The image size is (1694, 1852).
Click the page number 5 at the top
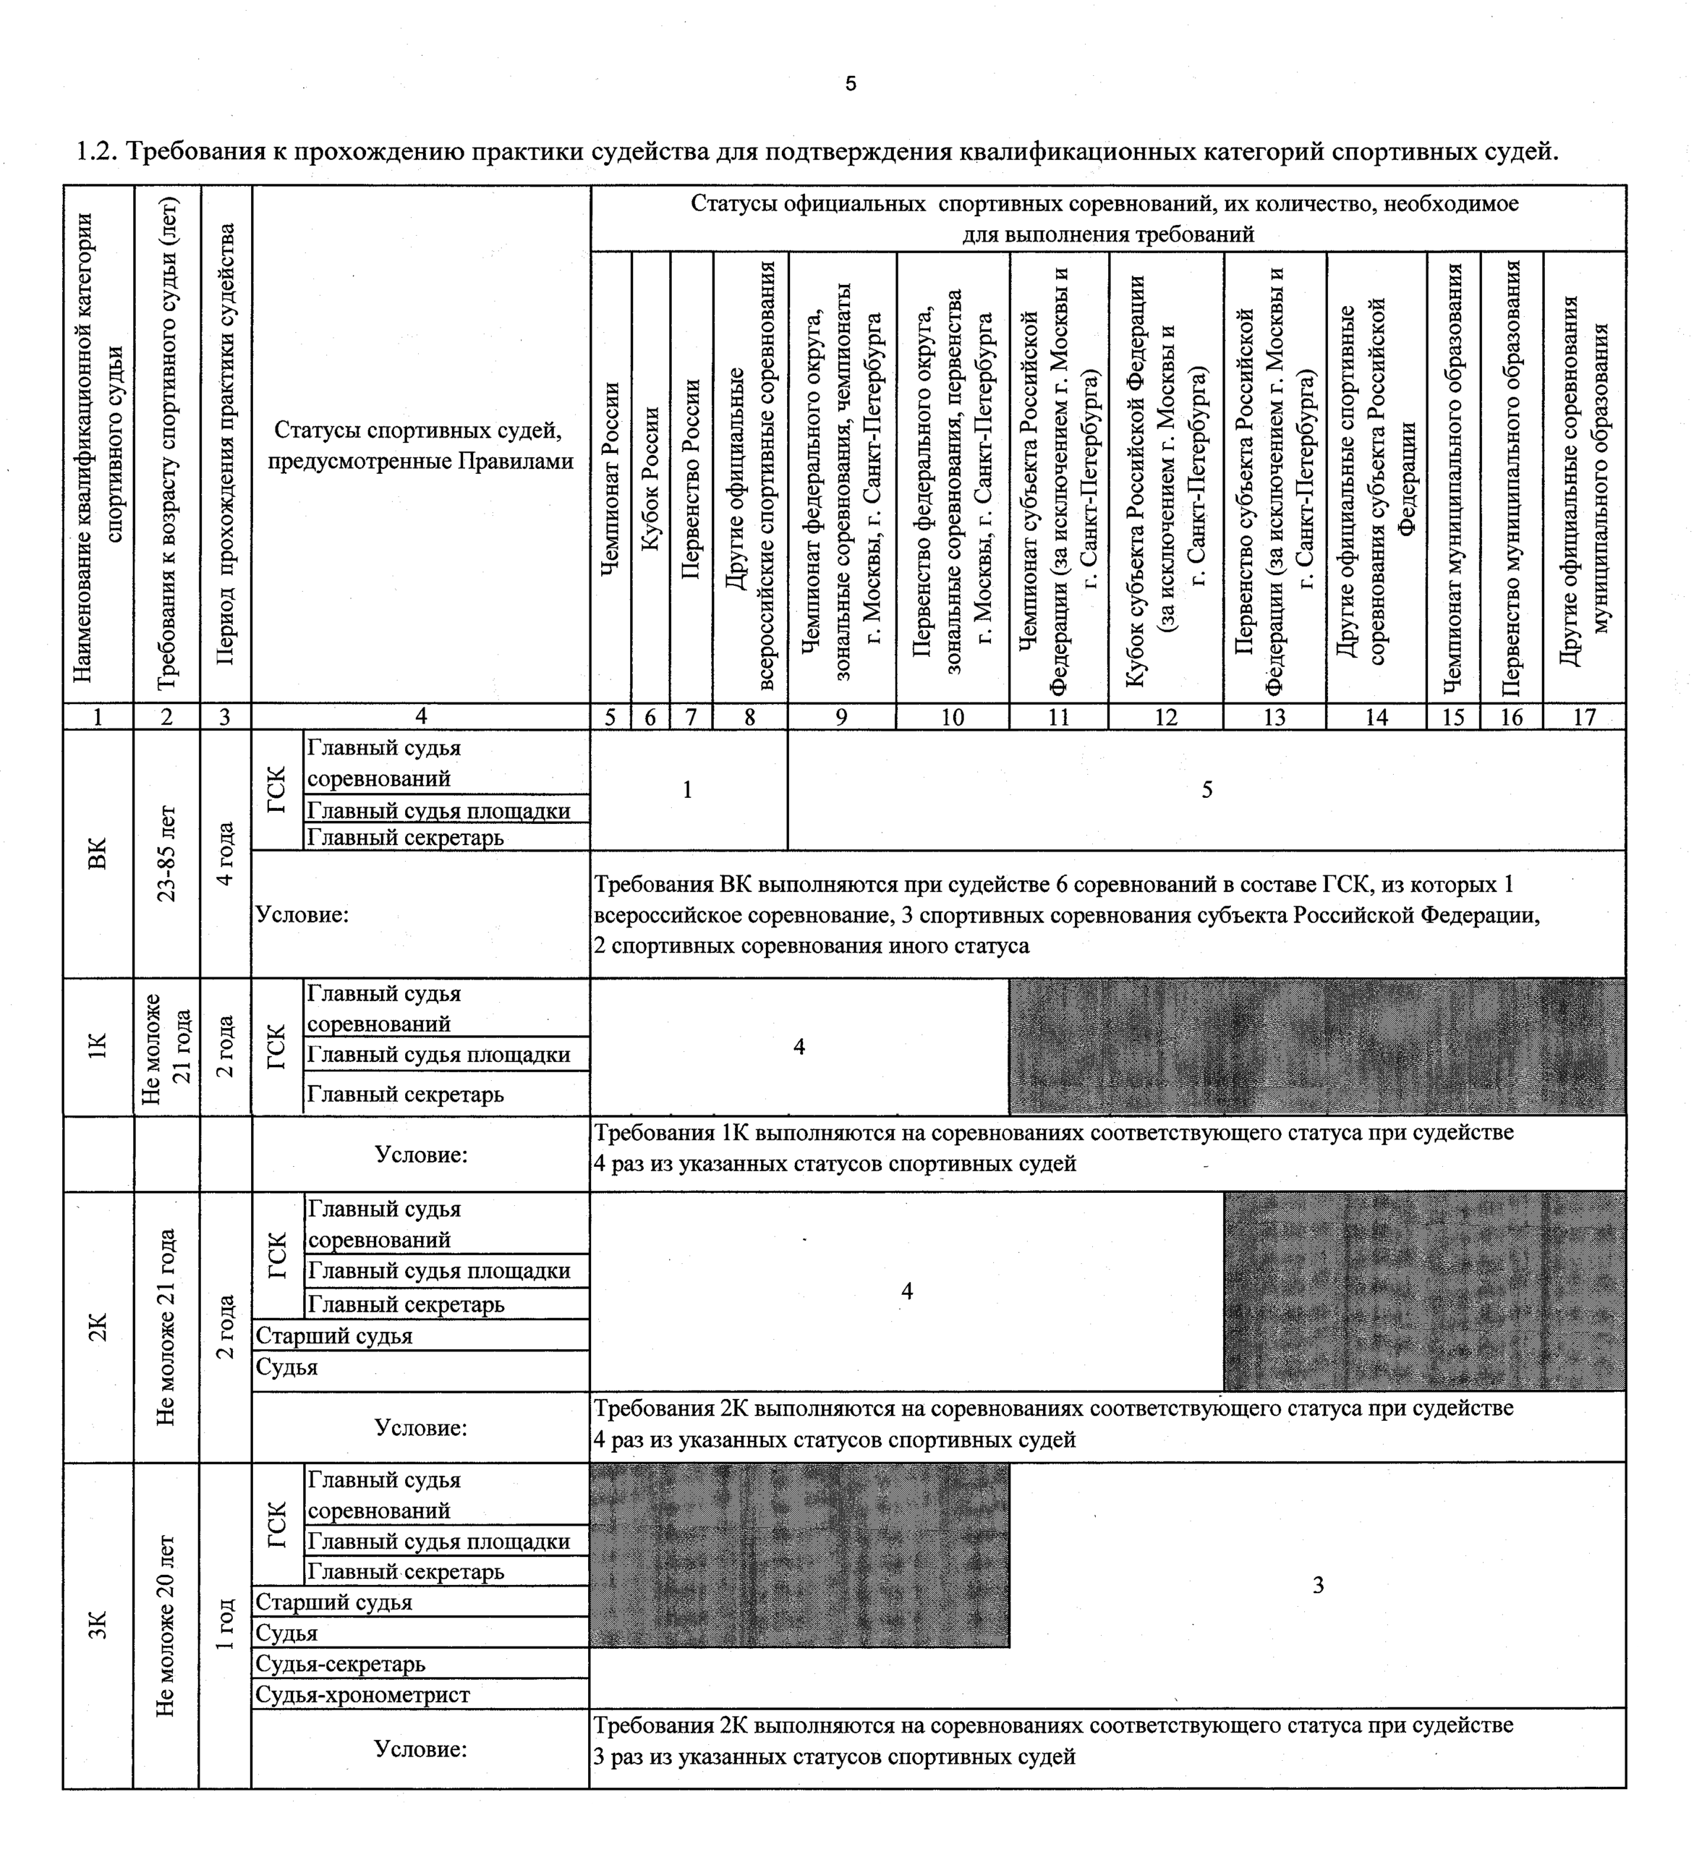coord(851,84)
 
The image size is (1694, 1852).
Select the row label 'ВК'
coord(98,854)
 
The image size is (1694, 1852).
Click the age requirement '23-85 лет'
coord(166,854)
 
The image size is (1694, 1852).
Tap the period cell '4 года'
coord(225,854)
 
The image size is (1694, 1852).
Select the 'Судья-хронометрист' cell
coord(363,1695)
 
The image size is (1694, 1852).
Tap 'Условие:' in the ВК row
coord(302,915)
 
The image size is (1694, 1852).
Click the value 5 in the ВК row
coord(1206,790)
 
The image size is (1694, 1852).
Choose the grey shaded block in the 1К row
coord(1316,1046)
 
